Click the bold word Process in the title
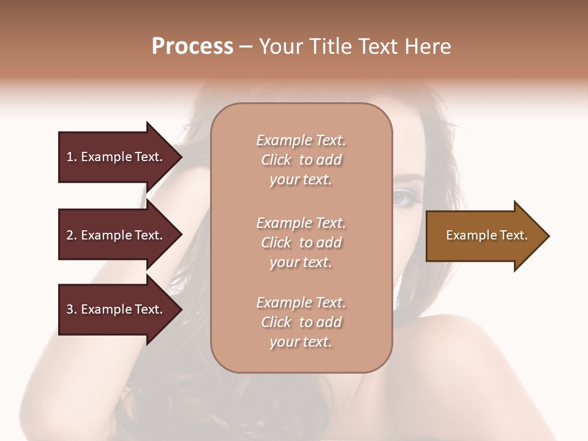coord(192,47)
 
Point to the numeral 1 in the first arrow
coord(70,157)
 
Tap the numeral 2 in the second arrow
coord(70,235)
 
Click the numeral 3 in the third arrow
coord(70,309)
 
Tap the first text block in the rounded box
coord(301,160)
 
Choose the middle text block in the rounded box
coord(301,243)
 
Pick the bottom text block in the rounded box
coord(301,322)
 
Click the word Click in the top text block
coord(276,160)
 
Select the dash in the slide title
coord(246,47)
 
